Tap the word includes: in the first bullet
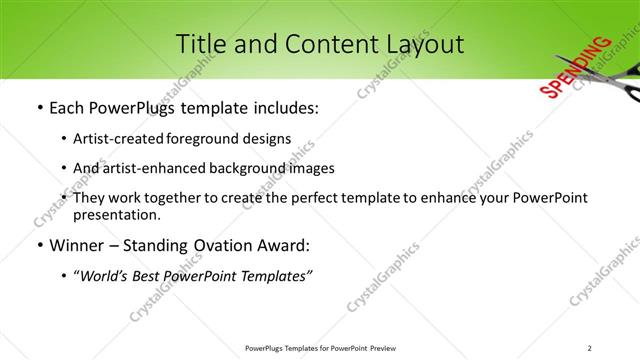pos(283,108)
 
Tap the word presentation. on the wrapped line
pos(117,214)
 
